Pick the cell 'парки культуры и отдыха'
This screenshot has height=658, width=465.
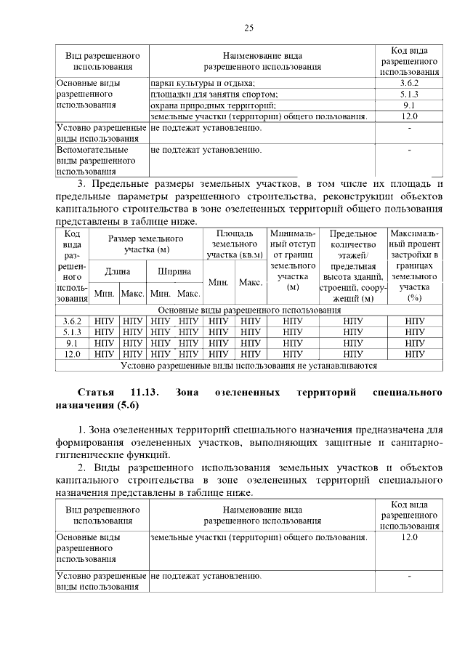pos(203,84)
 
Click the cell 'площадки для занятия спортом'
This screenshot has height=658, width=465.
pos(214,95)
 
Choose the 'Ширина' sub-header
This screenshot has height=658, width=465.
pos(174,271)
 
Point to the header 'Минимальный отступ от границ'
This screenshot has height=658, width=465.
pos(293,260)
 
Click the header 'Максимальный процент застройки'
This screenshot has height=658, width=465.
pos(415,265)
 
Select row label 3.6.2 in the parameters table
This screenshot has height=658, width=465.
pos(72,321)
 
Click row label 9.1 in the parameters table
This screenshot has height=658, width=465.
pos(72,342)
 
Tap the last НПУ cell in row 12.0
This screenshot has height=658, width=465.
pos(415,354)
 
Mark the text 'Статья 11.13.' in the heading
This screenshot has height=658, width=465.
pos(118,393)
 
